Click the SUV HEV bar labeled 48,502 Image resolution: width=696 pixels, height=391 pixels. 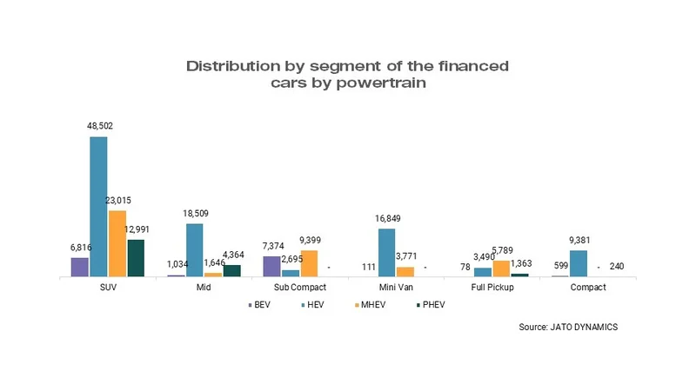[98, 206]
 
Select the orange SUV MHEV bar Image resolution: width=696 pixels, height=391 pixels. [117, 243]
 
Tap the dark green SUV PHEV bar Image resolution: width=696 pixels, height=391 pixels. [135, 257]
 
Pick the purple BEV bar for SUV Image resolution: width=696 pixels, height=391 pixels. [80, 267]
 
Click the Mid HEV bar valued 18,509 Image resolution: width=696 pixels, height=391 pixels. [194, 250]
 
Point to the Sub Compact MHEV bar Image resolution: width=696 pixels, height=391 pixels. [309, 263]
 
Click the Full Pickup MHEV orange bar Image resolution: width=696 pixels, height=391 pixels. [501, 268]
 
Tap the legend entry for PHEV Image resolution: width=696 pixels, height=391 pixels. [429, 305]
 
